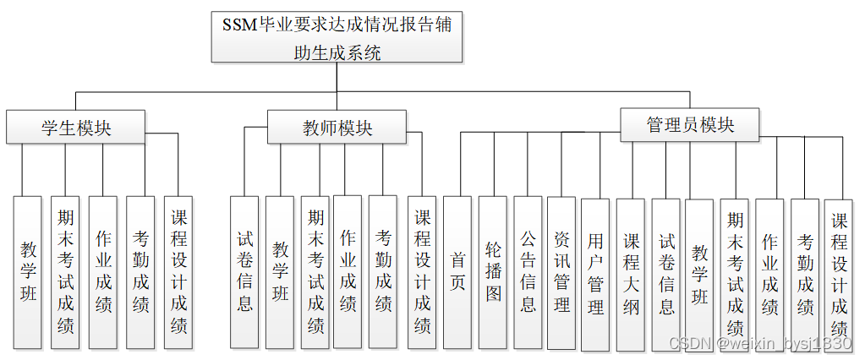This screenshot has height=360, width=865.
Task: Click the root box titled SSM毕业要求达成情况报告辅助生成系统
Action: click(337, 38)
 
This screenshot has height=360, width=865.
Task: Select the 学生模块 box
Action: click(77, 128)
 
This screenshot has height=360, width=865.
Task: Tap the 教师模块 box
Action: click(337, 128)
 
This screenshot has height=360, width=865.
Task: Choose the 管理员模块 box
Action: click(690, 125)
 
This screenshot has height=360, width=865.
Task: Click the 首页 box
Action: click(457, 272)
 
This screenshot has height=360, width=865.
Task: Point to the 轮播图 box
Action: click(493, 272)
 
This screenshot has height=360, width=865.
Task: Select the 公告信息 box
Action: click(528, 272)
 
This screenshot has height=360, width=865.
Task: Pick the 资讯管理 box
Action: click(561, 272)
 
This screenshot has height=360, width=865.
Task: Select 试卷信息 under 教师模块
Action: click(244, 272)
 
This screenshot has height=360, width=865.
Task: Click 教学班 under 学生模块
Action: click(28, 272)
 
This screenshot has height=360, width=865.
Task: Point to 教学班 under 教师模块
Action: click(280, 272)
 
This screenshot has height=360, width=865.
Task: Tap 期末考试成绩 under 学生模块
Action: click(65, 272)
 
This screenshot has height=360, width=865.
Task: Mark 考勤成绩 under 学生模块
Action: click(140, 272)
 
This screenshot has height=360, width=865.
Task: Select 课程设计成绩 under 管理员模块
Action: click(839, 274)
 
